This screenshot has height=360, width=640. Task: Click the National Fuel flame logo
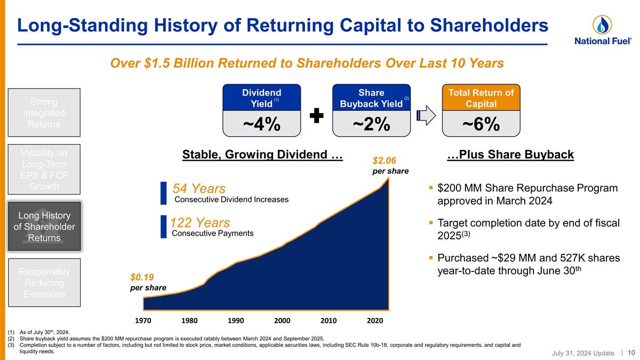click(x=602, y=25)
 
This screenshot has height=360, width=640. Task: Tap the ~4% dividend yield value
click(x=261, y=124)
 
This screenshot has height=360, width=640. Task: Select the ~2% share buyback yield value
click(x=372, y=124)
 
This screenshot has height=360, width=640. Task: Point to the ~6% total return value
click(x=481, y=124)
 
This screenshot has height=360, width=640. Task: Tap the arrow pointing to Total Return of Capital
click(x=427, y=116)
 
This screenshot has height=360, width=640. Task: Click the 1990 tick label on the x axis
click(x=236, y=321)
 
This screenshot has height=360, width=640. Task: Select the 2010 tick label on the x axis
click(x=329, y=321)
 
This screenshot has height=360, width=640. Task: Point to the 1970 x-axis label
click(x=143, y=321)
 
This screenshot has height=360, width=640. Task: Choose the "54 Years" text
click(x=199, y=189)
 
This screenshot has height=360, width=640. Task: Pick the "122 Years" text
click(x=200, y=222)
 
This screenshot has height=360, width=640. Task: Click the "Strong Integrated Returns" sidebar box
click(x=47, y=113)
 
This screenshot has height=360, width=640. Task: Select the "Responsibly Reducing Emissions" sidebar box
click(x=47, y=283)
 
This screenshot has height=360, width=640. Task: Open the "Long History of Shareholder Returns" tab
click(x=47, y=226)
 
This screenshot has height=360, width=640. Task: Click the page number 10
click(x=631, y=353)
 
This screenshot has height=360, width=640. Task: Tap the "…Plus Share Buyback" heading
click(x=510, y=155)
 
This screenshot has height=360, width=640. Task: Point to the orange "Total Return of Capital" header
click(x=481, y=97)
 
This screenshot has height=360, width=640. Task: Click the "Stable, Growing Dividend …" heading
click(x=262, y=155)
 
